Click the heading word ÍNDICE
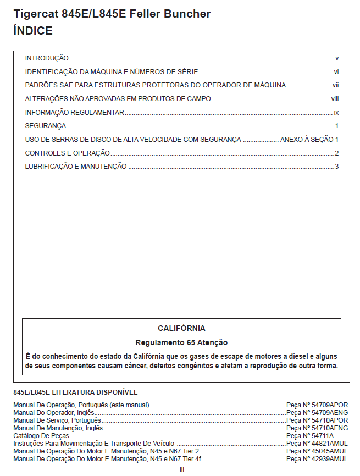coord(33,31)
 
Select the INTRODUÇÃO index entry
coord(47,58)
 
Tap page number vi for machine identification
coord(336,71)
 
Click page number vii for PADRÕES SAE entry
coord(335,85)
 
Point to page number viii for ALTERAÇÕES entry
coord(335,99)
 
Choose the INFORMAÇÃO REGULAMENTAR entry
coord(74,113)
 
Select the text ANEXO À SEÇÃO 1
coord(309,140)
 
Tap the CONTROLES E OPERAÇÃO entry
coord(68,153)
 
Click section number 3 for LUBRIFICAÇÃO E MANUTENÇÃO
coord(337,167)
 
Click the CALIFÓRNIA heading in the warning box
coord(181,328)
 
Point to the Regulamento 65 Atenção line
coord(181,342)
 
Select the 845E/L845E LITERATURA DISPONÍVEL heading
coord(75,392)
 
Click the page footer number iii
coord(181,470)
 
